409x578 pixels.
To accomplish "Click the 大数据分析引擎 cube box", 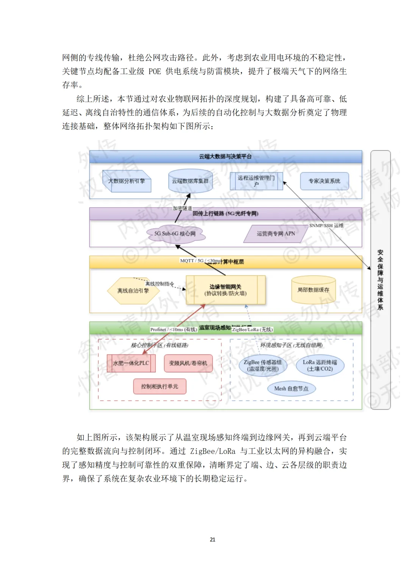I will click(x=127, y=181).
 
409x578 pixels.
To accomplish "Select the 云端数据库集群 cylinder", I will click(x=190, y=181).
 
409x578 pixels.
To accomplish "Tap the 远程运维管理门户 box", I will click(x=256, y=181).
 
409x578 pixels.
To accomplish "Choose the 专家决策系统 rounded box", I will click(x=324, y=181).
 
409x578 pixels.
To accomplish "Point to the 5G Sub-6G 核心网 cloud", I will click(x=175, y=234).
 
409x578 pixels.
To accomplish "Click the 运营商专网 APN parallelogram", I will click(x=276, y=234).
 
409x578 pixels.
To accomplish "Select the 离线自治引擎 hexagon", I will click(x=133, y=291).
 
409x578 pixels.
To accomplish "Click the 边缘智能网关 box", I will click(x=225, y=290).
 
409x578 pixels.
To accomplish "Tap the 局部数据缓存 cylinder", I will click(x=313, y=290).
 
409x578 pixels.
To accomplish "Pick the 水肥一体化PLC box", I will click(x=131, y=363).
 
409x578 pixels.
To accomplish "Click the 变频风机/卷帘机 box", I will click(x=188, y=363).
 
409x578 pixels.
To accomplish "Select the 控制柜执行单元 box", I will click(x=159, y=387).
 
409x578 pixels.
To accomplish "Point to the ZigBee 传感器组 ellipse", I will click(x=262, y=365).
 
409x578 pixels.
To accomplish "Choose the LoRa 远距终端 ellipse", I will click(x=320, y=365).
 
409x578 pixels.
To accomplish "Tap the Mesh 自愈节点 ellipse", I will click(x=291, y=388).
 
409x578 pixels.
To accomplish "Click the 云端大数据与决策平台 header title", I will click(x=225, y=157).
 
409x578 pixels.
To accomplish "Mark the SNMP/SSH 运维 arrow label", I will click(x=326, y=225).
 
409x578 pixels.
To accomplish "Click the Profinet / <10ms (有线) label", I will click(x=173, y=329).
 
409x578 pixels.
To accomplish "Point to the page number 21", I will click(x=212, y=539).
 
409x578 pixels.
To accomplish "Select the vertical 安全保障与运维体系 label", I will click(x=380, y=280).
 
